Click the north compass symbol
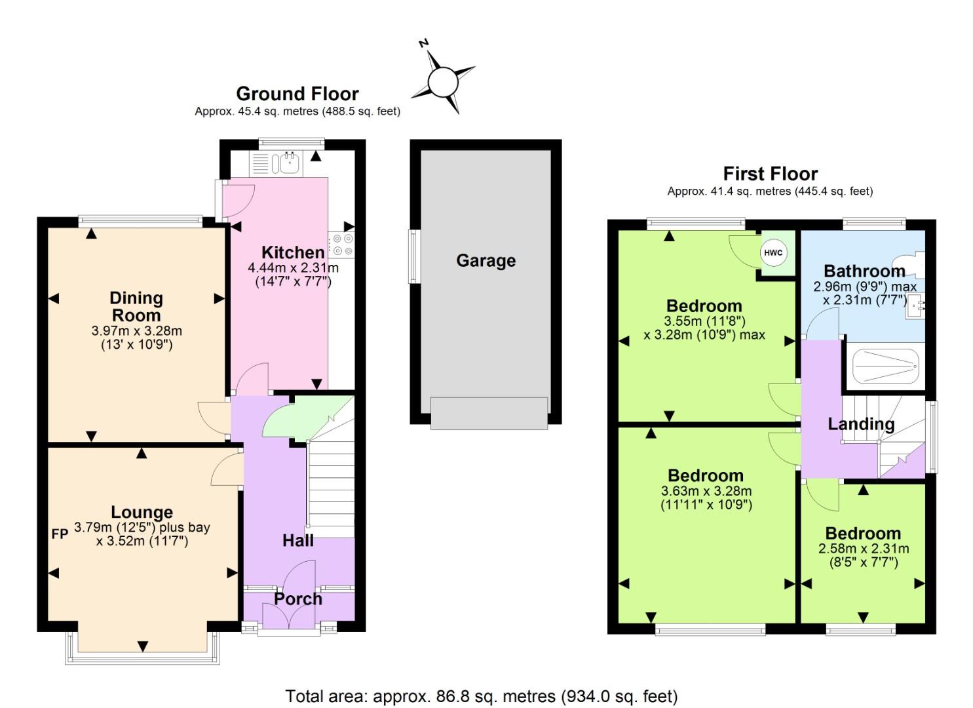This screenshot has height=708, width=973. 442,82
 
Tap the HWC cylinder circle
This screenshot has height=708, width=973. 773,253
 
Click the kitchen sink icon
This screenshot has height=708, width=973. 288,162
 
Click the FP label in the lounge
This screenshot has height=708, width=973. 60,534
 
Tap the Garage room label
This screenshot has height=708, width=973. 486,261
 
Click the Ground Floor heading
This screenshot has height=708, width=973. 297,94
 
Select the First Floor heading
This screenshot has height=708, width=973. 770,174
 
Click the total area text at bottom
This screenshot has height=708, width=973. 481,696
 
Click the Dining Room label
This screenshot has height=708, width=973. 136,306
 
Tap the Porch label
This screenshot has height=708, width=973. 297,599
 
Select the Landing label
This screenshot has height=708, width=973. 860,424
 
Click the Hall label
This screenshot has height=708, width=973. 297,540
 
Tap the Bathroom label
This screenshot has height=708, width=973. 864,271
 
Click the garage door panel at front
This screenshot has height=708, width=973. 489,413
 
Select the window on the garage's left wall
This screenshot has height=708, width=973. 413,256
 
